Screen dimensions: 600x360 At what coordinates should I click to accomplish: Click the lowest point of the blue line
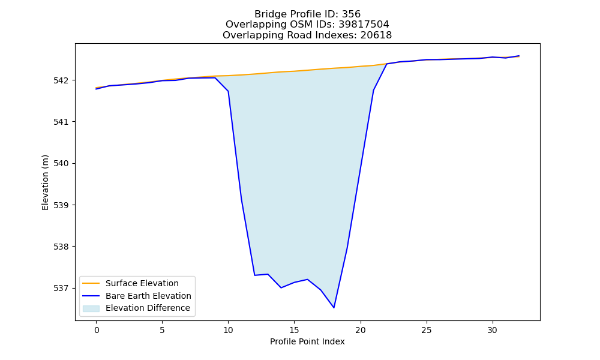click(334, 308)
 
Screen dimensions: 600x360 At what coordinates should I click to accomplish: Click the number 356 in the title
click(351, 14)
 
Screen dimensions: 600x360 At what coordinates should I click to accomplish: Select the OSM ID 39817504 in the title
click(364, 25)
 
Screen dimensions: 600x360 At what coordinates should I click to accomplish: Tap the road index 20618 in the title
click(376, 35)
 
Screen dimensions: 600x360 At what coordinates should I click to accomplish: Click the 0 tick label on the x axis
click(97, 330)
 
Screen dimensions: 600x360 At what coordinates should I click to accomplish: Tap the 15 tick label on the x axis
click(294, 330)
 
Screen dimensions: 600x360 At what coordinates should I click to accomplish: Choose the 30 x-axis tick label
click(493, 330)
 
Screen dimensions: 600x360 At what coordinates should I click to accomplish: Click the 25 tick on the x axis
click(426, 330)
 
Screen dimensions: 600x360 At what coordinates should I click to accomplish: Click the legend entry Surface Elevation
click(142, 283)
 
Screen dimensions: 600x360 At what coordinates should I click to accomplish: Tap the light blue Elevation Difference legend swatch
click(91, 308)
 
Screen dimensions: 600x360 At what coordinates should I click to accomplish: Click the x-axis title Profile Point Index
click(307, 341)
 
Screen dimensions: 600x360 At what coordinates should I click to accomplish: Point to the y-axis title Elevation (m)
click(46, 182)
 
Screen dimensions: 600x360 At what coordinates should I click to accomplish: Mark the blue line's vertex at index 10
click(229, 91)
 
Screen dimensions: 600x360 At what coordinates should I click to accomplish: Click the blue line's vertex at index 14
click(281, 287)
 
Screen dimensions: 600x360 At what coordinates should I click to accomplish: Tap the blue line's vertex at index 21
click(373, 90)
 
